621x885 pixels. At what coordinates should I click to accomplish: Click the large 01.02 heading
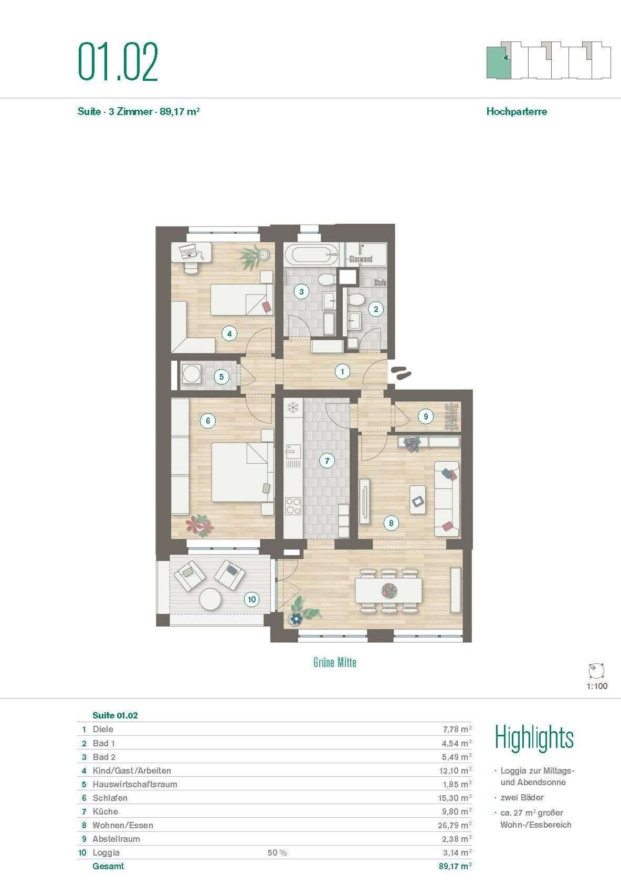pos(118,63)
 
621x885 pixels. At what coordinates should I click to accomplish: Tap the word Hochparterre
pos(517,111)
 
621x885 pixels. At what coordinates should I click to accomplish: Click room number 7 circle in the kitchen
pos(327,461)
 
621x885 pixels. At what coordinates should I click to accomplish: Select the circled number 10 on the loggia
pos(252,599)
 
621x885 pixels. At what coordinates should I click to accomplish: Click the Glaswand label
pos(361,259)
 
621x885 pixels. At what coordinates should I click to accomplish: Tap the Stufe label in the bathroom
pos(380,283)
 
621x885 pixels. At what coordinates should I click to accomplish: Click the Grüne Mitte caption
pos(334,662)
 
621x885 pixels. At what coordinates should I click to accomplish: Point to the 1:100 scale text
pos(597,686)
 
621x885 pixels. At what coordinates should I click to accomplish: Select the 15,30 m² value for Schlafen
pos(455,798)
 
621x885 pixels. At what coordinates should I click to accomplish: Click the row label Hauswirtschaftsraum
pos(135,784)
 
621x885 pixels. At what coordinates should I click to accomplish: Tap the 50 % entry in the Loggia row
pos(277,852)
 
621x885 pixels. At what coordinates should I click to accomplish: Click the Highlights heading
pos(534,738)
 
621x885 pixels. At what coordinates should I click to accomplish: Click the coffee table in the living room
pos(418,501)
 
